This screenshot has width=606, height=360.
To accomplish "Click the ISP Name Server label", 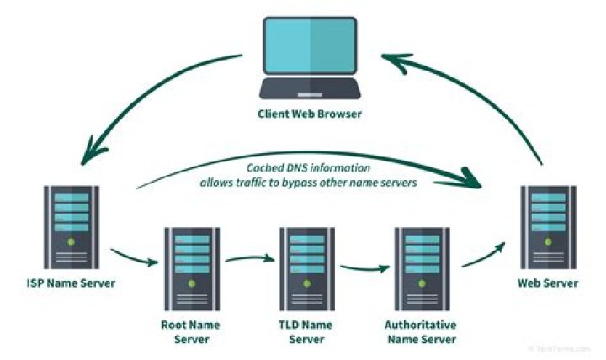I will click(71, 283).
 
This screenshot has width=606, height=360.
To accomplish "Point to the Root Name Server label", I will click(191, 331).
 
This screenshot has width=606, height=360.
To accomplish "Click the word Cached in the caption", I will click(267, 167).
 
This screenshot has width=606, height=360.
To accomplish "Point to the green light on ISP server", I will click(71, 242).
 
